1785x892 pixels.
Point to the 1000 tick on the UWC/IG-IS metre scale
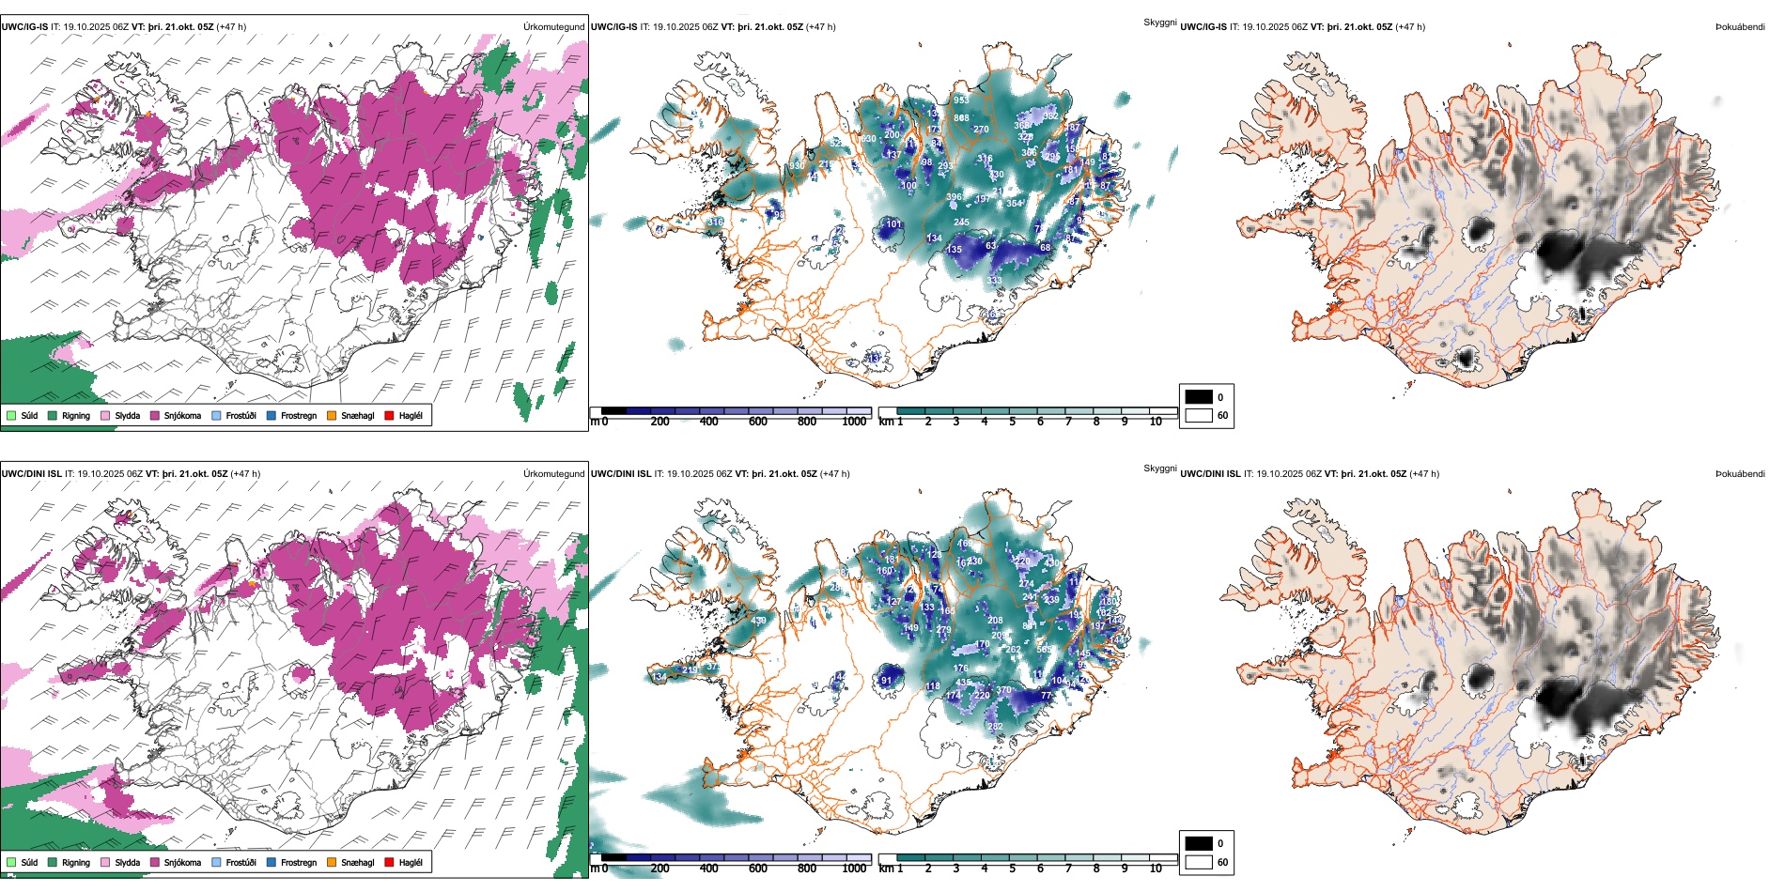pyautogui.click(x=854, y=422)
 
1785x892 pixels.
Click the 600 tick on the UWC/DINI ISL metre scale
pyautogui.click(x=757, y=869)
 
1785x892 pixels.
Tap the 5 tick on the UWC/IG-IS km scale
pyautogui.click(x=1012, y=422)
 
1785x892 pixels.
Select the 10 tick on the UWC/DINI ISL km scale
pyautogui.click(x=1156, y=869)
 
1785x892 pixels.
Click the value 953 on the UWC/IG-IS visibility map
pyautogui.click(x=961, y=100)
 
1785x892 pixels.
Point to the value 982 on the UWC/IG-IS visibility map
pyautogui.click(x=1050, y=116)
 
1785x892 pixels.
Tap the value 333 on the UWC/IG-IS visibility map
pyautogui.click(x=994, y=280)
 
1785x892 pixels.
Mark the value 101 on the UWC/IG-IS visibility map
pyautogui.click(x=893, y=224)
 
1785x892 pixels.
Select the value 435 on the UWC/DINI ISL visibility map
pyautogui.click(x=963, y=684)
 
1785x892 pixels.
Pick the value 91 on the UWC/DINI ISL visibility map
pyautogui.click(x=886, y=681)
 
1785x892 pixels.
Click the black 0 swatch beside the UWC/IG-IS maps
pyautogui.click(x=1199, y=397)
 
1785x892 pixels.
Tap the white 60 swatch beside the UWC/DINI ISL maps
pyautogui.click(x=1199, y=862)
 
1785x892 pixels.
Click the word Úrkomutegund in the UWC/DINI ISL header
pyautogui.click(x=553, y=474)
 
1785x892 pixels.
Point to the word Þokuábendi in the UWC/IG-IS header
pyautogui.click(x=1740, y=27)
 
